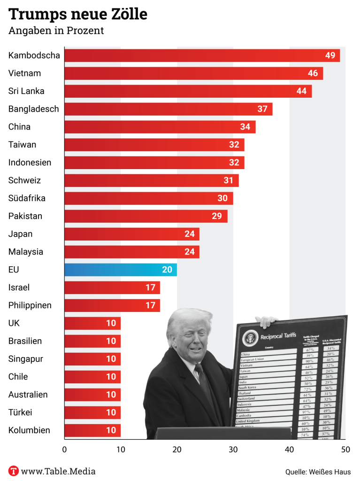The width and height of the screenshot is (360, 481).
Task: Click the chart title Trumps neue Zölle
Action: click(78, 14)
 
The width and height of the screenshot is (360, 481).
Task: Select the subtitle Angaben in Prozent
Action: click(56, 31)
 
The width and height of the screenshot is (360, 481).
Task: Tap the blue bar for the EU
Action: click(120, 270)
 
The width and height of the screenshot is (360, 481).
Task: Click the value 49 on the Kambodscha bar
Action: click(330, 55)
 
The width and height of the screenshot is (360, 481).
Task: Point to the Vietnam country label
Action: click(24, 73)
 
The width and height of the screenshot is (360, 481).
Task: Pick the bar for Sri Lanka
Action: click(188, 91)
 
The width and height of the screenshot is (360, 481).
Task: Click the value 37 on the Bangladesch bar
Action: click(262, 109)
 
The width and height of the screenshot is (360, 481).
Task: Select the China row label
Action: click(19, 127)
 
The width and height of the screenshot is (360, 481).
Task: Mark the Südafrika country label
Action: click(27, 198)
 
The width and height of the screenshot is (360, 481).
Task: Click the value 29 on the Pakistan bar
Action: click(217, 216)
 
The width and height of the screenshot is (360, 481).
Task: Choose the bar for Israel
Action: click(112, 287)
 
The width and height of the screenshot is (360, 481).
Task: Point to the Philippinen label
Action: click(30, 305)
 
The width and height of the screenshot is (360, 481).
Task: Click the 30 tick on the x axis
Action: click(233, 449)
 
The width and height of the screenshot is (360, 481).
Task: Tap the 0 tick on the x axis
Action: click(64, 449)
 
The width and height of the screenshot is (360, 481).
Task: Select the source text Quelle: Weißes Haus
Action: click(318, 472)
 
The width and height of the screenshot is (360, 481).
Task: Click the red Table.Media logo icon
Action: click(14, 471)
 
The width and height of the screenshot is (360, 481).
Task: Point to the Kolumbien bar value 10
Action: click(111, 430)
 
